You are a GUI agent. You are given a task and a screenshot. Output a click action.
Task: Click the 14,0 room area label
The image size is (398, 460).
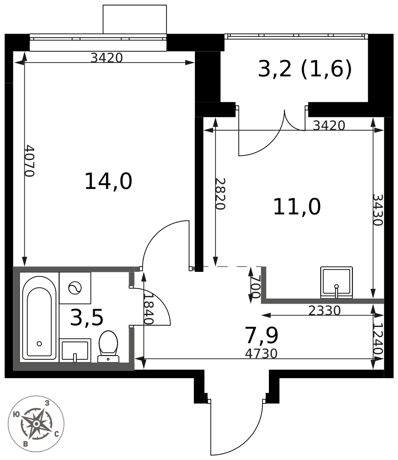(108, 182)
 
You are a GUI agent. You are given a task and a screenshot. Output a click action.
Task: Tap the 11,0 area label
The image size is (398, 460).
(297, 207)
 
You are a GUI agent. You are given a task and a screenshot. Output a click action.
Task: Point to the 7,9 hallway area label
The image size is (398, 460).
(262, 335)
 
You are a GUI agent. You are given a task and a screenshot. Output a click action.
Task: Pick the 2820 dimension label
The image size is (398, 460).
(220, 194)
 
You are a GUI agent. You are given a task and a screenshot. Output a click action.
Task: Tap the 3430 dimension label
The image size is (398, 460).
(378, 210)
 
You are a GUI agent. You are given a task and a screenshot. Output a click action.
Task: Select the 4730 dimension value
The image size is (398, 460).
(261, 354)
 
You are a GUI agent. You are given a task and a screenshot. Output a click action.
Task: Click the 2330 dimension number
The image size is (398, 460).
(324, 310)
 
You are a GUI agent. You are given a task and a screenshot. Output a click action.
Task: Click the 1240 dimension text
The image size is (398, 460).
(378, 339)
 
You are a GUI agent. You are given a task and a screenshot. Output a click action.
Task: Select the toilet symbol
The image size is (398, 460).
(108, 347)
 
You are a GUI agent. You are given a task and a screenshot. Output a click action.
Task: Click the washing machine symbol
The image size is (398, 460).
(75, 288)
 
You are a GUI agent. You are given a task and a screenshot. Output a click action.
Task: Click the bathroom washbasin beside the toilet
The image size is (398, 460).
(75, 351)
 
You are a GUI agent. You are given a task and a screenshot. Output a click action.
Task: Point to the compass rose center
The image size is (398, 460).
(36, 424)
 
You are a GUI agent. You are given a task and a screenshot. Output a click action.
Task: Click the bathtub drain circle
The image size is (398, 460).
(39, 344)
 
